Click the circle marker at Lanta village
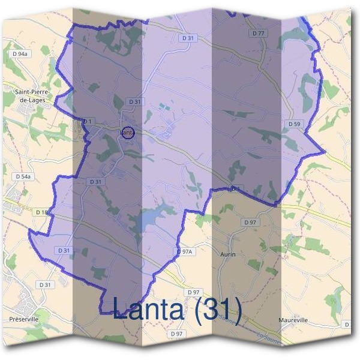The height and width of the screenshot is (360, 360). click(127, 133)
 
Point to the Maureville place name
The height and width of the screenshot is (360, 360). click(293, 320)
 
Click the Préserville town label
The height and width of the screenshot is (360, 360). click(24, 320)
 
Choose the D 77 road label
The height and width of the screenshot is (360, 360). click(257, 33)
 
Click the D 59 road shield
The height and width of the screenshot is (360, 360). click(293, 124)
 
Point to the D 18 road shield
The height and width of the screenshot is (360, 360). click(41, 212)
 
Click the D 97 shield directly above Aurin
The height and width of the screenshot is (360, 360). click(250, 222)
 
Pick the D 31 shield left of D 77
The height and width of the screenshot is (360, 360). click(188, 38)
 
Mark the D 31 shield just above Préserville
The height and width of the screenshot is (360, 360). click(44, 284)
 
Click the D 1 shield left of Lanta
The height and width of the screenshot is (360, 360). click(88, 121)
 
